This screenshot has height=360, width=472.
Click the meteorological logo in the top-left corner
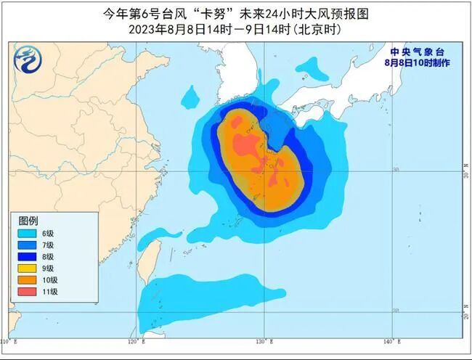28,57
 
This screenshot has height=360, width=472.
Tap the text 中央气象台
416,52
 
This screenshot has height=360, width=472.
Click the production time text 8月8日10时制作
416,62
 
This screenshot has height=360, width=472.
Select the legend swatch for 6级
27,234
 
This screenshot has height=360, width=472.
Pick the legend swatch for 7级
27,245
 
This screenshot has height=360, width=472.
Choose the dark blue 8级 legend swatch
27,257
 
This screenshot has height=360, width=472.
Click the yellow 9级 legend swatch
27,269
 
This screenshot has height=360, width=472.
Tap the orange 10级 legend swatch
27,280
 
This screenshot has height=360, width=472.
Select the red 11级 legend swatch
27,292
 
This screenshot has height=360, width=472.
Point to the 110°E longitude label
9,341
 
